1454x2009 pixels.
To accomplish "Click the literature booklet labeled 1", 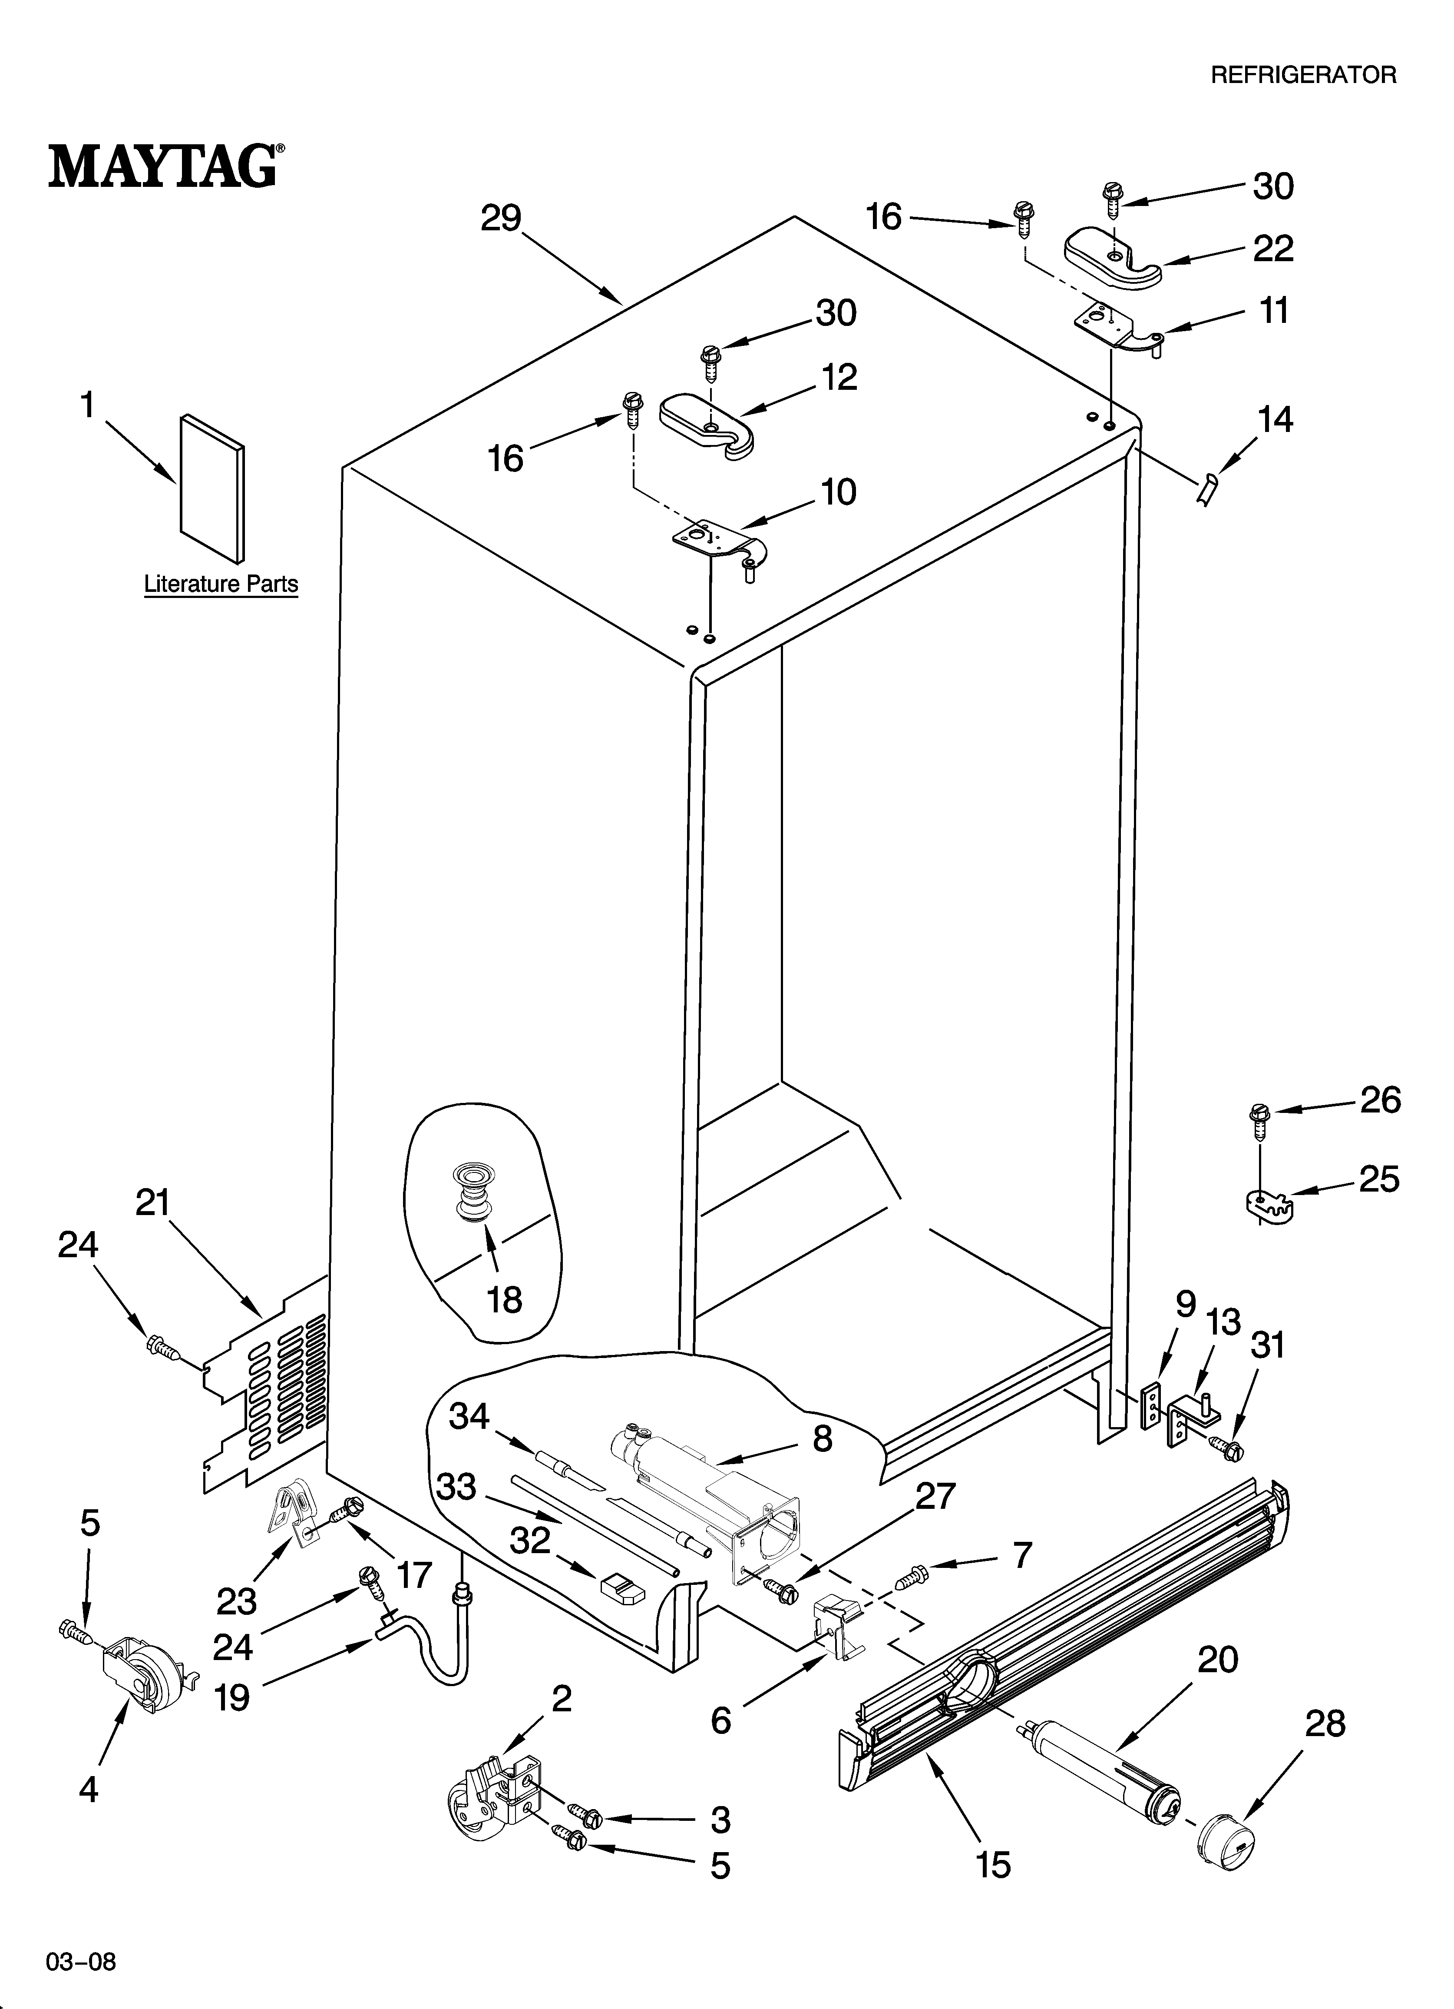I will click(x=211, y=489).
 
